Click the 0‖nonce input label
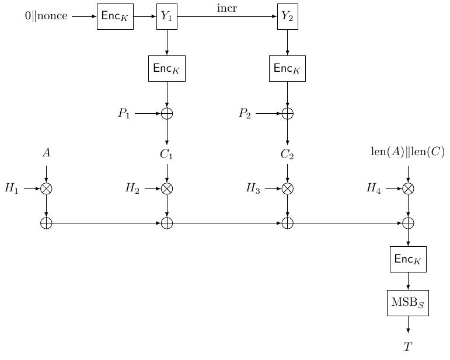pos(46,16)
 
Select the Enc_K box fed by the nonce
pos(115,16)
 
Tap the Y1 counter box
pos(167,16)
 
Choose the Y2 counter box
pos(287,16)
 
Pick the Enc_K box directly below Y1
pos(167,68)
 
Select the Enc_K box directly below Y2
pos(287,68)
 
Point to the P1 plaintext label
pos(124,113)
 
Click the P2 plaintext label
pos(244,113)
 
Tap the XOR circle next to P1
pos(167,113)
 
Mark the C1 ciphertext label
pos(167,155)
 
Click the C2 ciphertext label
pos(287,155)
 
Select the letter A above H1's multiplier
pos(46,153)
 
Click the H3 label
pos(253,188)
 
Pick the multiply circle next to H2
pos(167,188)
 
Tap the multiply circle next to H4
pos(408,188)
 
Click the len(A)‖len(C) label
pos(408,152)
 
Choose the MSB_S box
pos(408,303)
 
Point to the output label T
pos(408,347)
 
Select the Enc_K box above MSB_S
pos(408,259)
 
